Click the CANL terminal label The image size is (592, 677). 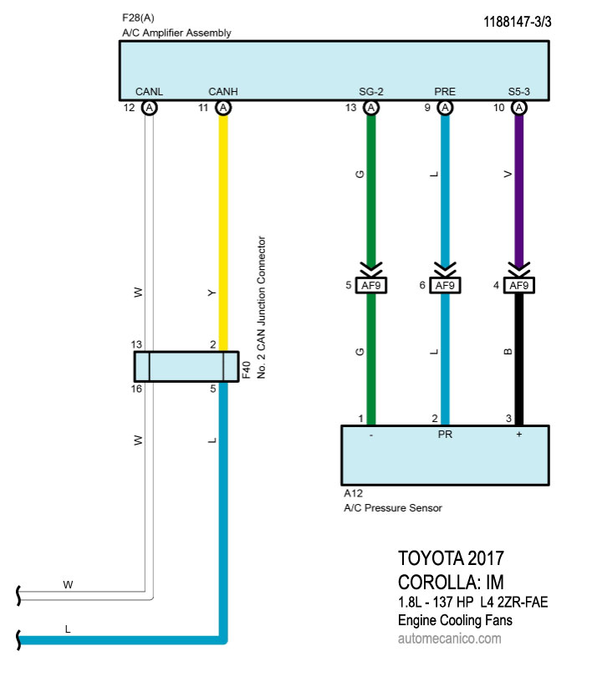[x=149, y=91]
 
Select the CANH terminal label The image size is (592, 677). [x=222, y=91]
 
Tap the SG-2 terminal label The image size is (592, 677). [x=370, y=91]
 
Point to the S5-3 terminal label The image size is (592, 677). [x=519, y=91]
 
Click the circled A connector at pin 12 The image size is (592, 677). [x=149, y=108]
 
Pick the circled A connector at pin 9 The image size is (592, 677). [x=445, y=108]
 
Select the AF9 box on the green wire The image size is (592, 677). [x=371, y=286]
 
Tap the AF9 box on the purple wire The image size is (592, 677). [x=519, y=286]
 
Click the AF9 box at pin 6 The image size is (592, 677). [x=445, y=286]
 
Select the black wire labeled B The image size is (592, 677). [x=519, y=359]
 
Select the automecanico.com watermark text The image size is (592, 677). [x=450, y=639]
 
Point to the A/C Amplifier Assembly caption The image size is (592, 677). [x=176, y=33]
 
